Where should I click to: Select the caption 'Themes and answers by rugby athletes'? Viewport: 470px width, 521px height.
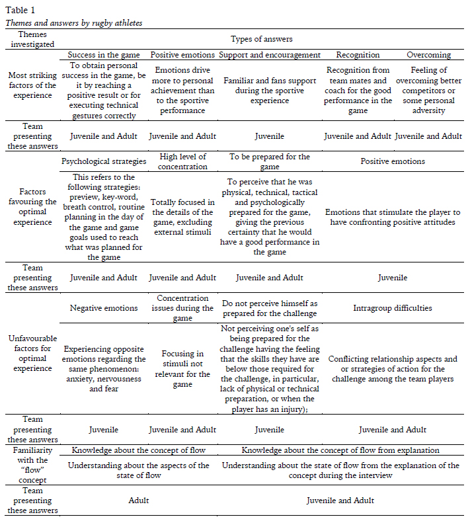coord(74,23)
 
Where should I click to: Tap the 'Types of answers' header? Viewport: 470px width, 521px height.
coord(261,39)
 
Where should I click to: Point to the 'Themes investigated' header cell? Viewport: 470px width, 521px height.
coord(33,39)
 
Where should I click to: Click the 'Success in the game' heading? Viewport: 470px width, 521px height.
coord(104,55)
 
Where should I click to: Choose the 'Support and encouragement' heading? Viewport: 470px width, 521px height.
coord(270,55)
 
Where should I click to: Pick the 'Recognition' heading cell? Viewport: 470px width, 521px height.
coord(358,55)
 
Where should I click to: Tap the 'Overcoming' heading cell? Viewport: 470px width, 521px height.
coord(428,55)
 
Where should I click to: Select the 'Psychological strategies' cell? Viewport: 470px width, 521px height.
coord(104,161)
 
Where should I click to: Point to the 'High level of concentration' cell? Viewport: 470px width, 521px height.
coord(182,161)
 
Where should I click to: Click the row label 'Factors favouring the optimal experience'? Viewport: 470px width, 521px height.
coord(33,207)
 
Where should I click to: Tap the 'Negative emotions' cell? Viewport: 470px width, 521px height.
coord(104,308)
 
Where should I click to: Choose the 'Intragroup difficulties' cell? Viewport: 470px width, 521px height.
coord(393,308)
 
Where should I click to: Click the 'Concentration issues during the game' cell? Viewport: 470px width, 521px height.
coord(182,308)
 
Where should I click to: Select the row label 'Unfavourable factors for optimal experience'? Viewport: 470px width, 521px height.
coord(33,358)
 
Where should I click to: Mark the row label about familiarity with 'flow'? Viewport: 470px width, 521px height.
coord(33,465)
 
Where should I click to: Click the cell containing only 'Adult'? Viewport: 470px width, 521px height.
coord(138,501)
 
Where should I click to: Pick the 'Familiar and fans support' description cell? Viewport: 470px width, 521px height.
coord(270,91)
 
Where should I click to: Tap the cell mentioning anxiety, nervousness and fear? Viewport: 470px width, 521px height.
coord(104,368)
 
